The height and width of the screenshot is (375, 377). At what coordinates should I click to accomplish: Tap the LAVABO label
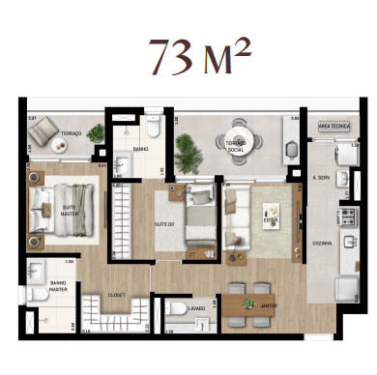coord(195,309)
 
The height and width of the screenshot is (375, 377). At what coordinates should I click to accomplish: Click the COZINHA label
coord(323,244)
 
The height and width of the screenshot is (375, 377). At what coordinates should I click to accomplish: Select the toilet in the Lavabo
coord(175,309)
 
